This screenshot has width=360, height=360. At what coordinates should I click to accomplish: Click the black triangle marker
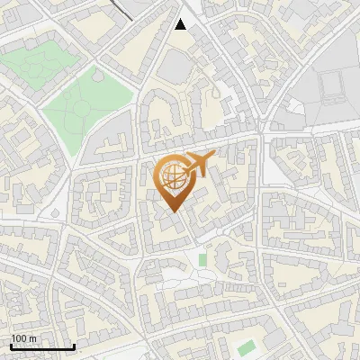pos(181,24)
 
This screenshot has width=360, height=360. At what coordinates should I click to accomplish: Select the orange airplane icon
pos(200,165)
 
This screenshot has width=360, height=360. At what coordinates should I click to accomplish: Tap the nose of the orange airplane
pos(212,157)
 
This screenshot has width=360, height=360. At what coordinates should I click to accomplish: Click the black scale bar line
pos(42,346)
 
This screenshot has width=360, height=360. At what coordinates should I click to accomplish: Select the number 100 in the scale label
pos(19,338)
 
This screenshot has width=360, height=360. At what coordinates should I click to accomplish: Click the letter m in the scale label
pos(31,338)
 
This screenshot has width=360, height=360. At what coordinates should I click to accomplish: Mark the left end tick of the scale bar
pos(11,346)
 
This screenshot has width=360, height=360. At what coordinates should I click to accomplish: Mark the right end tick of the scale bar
pos(74,346)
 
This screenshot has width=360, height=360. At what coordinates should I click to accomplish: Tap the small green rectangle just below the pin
pos(202,260)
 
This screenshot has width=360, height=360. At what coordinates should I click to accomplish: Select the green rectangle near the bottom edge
pos(246,347)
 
